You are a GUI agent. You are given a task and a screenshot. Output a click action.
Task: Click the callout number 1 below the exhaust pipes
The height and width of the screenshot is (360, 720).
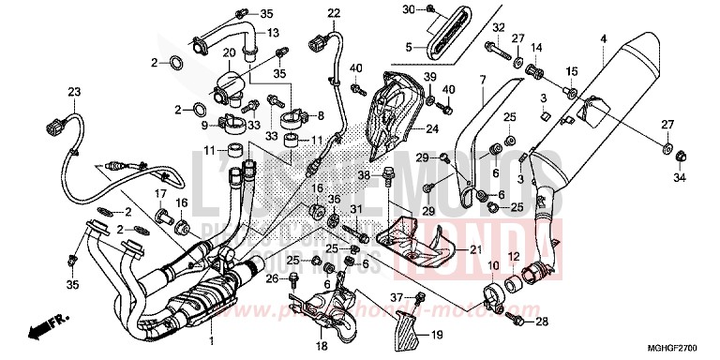pyautogui.click(x=213, y=338)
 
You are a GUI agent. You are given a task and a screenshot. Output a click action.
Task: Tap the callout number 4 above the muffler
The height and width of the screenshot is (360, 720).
pyautogui.click(x=604, y=38)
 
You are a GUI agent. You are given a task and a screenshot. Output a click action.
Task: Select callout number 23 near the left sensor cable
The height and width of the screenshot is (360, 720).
pyautogui.click(x=73, y=91)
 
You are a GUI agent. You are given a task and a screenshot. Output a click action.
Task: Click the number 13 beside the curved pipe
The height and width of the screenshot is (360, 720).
pyautogui.click(x=276, y=33)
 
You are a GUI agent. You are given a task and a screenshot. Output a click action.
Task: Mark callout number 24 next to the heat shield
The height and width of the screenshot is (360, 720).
pyautogui.click(x=432, y=128)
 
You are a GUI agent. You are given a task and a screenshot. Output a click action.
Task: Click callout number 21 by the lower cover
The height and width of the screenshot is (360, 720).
pyautogui.click(x=474, y=249)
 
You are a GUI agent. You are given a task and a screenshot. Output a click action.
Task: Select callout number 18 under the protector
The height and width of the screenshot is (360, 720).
pyautogui.click(x=296, y=345)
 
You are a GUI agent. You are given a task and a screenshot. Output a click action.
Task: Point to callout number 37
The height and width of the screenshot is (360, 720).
pyautogui.click(x=397, y=297)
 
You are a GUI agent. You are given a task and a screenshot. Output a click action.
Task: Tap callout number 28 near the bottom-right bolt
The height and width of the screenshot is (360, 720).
pyautogui.click(x=542, y=322)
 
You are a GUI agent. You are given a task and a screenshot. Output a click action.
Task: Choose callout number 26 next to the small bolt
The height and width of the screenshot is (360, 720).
pyautogui.click(x=271, y=277)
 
